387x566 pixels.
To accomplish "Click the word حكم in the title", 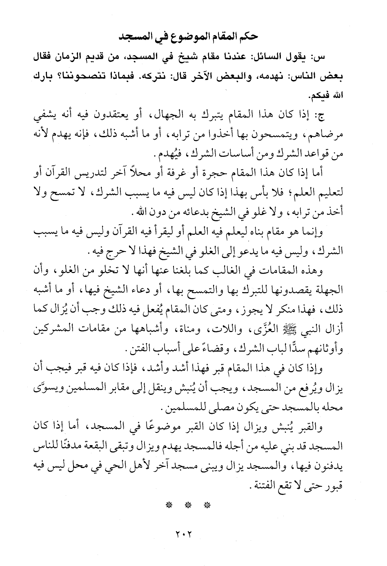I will click(248, 37).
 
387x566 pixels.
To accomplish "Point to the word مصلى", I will click(217, 408).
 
